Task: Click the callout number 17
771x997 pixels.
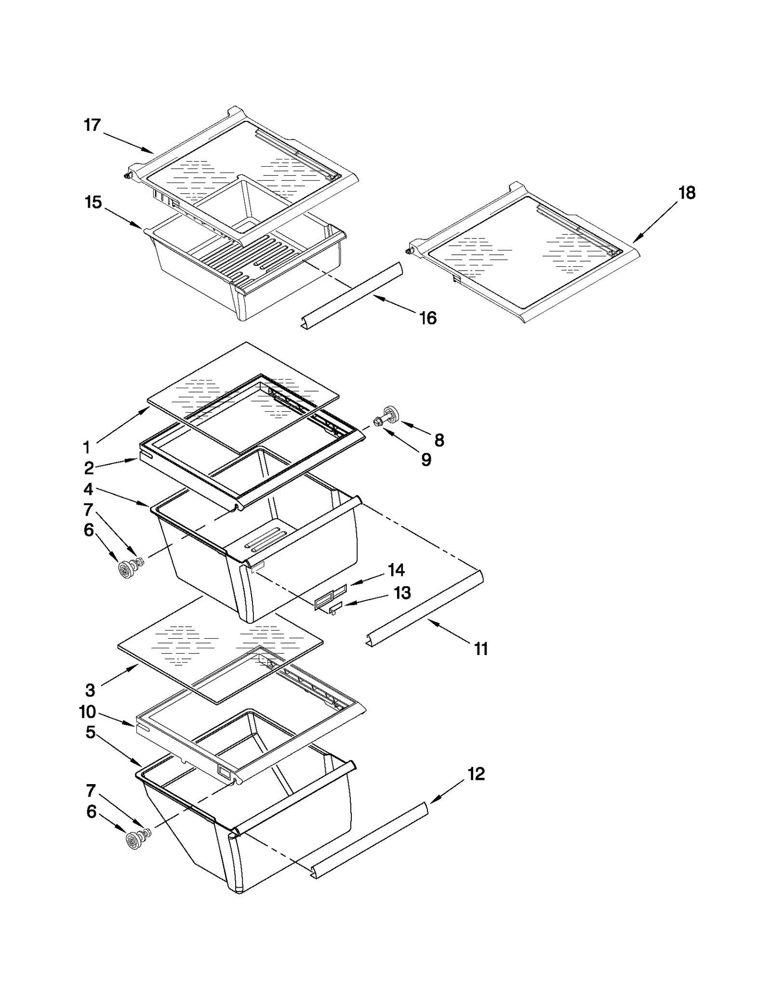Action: pos(92,125)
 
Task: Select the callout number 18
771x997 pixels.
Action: pos(687,193)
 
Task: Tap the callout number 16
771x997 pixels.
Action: pos(428,318)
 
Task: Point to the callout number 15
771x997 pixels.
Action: pos(93,202)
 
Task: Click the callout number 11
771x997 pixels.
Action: pos(481,649)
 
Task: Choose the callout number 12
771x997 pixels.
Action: pos(476,774)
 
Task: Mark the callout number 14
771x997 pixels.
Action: pos(396,570)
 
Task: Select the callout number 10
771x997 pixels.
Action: pos(88,712)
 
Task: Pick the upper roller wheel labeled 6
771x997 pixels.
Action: pos(127,570)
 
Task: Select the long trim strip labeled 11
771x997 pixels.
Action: pos(424,608)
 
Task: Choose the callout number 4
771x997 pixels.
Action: pos(88,489)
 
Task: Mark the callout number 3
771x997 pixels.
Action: pos(90,690)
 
